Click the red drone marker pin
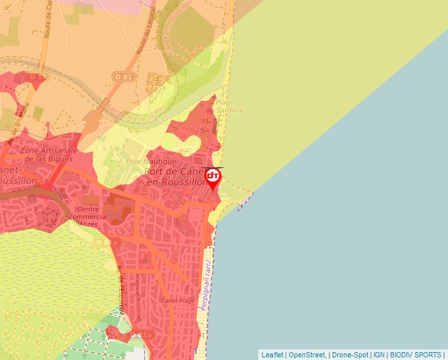pos(213,178)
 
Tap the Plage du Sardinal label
pos(225,106)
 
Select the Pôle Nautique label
pos(151,161)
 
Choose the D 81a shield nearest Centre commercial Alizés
pos(102,242)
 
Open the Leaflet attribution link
pos(272,355)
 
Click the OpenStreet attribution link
pos(308,355)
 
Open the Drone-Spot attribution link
pos(350,355)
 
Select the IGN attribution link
pos(379,355)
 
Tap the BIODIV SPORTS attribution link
pos(415,355)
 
